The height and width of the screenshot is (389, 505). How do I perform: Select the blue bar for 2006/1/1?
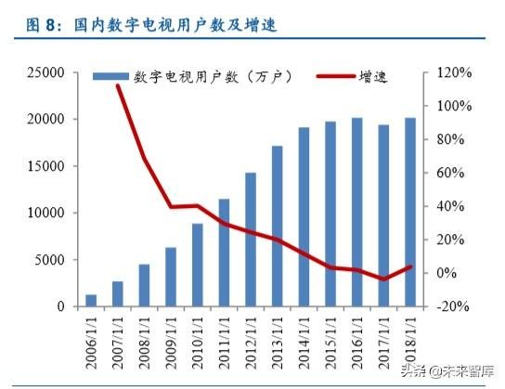point(91,300)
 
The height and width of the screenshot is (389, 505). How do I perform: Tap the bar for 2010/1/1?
point(198,265)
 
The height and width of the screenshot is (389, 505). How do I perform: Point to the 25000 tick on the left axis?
point(46,72)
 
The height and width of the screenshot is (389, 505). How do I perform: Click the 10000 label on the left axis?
point(46,213)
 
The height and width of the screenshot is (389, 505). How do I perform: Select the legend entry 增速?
point(357,76)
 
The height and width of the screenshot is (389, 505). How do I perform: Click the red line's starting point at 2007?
point(118,85)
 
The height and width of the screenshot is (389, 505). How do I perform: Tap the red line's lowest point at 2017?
point(384,279)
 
